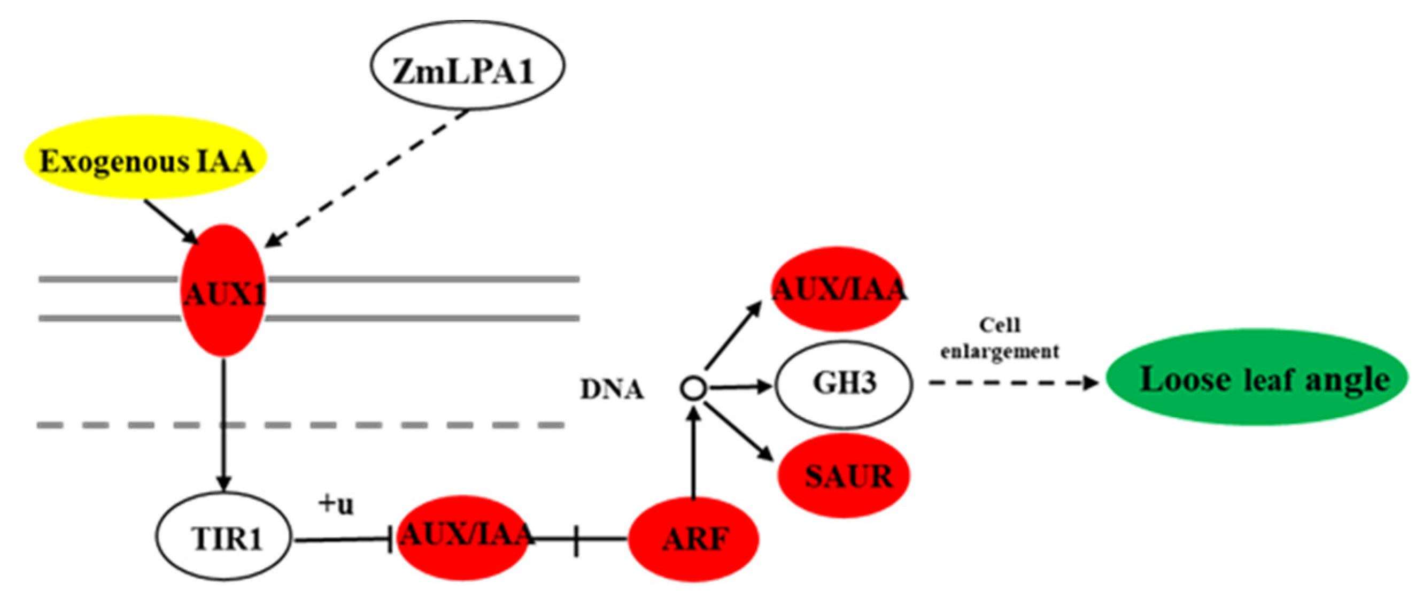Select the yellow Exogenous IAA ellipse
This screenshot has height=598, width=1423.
[146, 157]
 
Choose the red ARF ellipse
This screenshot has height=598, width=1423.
[693, 538]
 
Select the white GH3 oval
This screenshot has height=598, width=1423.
[844, 383]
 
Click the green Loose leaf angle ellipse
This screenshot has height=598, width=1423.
[1257, 379]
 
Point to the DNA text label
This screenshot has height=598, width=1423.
[612, 389]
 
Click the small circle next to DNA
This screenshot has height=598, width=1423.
[693, 388]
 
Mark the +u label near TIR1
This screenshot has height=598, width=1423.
[336, 504]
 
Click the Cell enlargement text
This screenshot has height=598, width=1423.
[1000, 338]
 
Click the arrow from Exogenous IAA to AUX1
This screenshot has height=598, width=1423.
[170, 221]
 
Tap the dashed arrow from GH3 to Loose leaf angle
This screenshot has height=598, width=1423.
[1011, 382]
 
